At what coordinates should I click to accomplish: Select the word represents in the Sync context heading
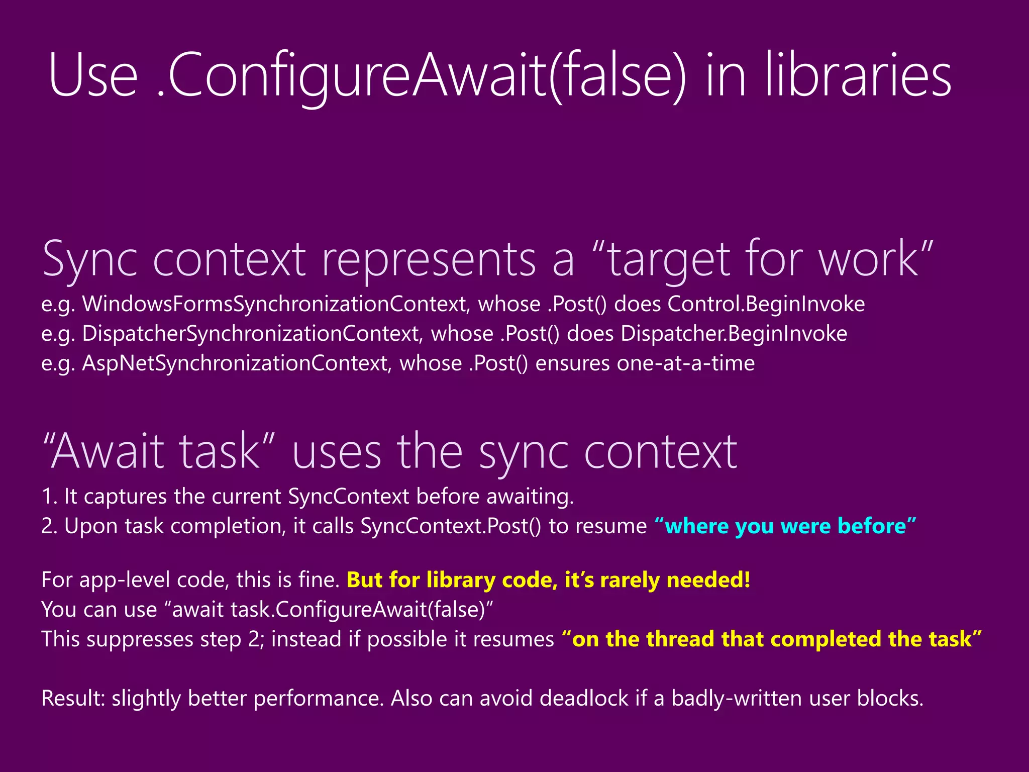(429, 259)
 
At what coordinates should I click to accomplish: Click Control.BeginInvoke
(766, 305)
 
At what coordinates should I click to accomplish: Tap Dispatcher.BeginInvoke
(734, 334)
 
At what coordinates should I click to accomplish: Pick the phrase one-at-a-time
(686, 363)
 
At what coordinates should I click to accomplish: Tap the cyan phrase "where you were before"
(785, 526)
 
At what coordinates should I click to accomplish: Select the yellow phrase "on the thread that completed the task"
(771, 639)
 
